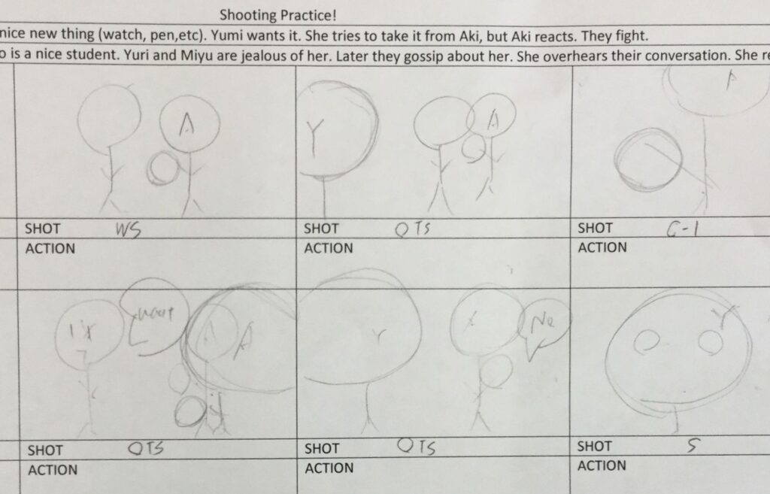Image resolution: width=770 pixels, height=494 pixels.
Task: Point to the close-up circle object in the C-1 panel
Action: pos(649,158)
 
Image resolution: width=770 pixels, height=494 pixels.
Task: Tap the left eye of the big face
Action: pos(645,343)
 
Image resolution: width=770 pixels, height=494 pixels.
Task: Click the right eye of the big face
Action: pos(709,343)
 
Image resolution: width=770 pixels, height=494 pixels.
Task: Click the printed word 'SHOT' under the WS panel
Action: pos(43,229)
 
